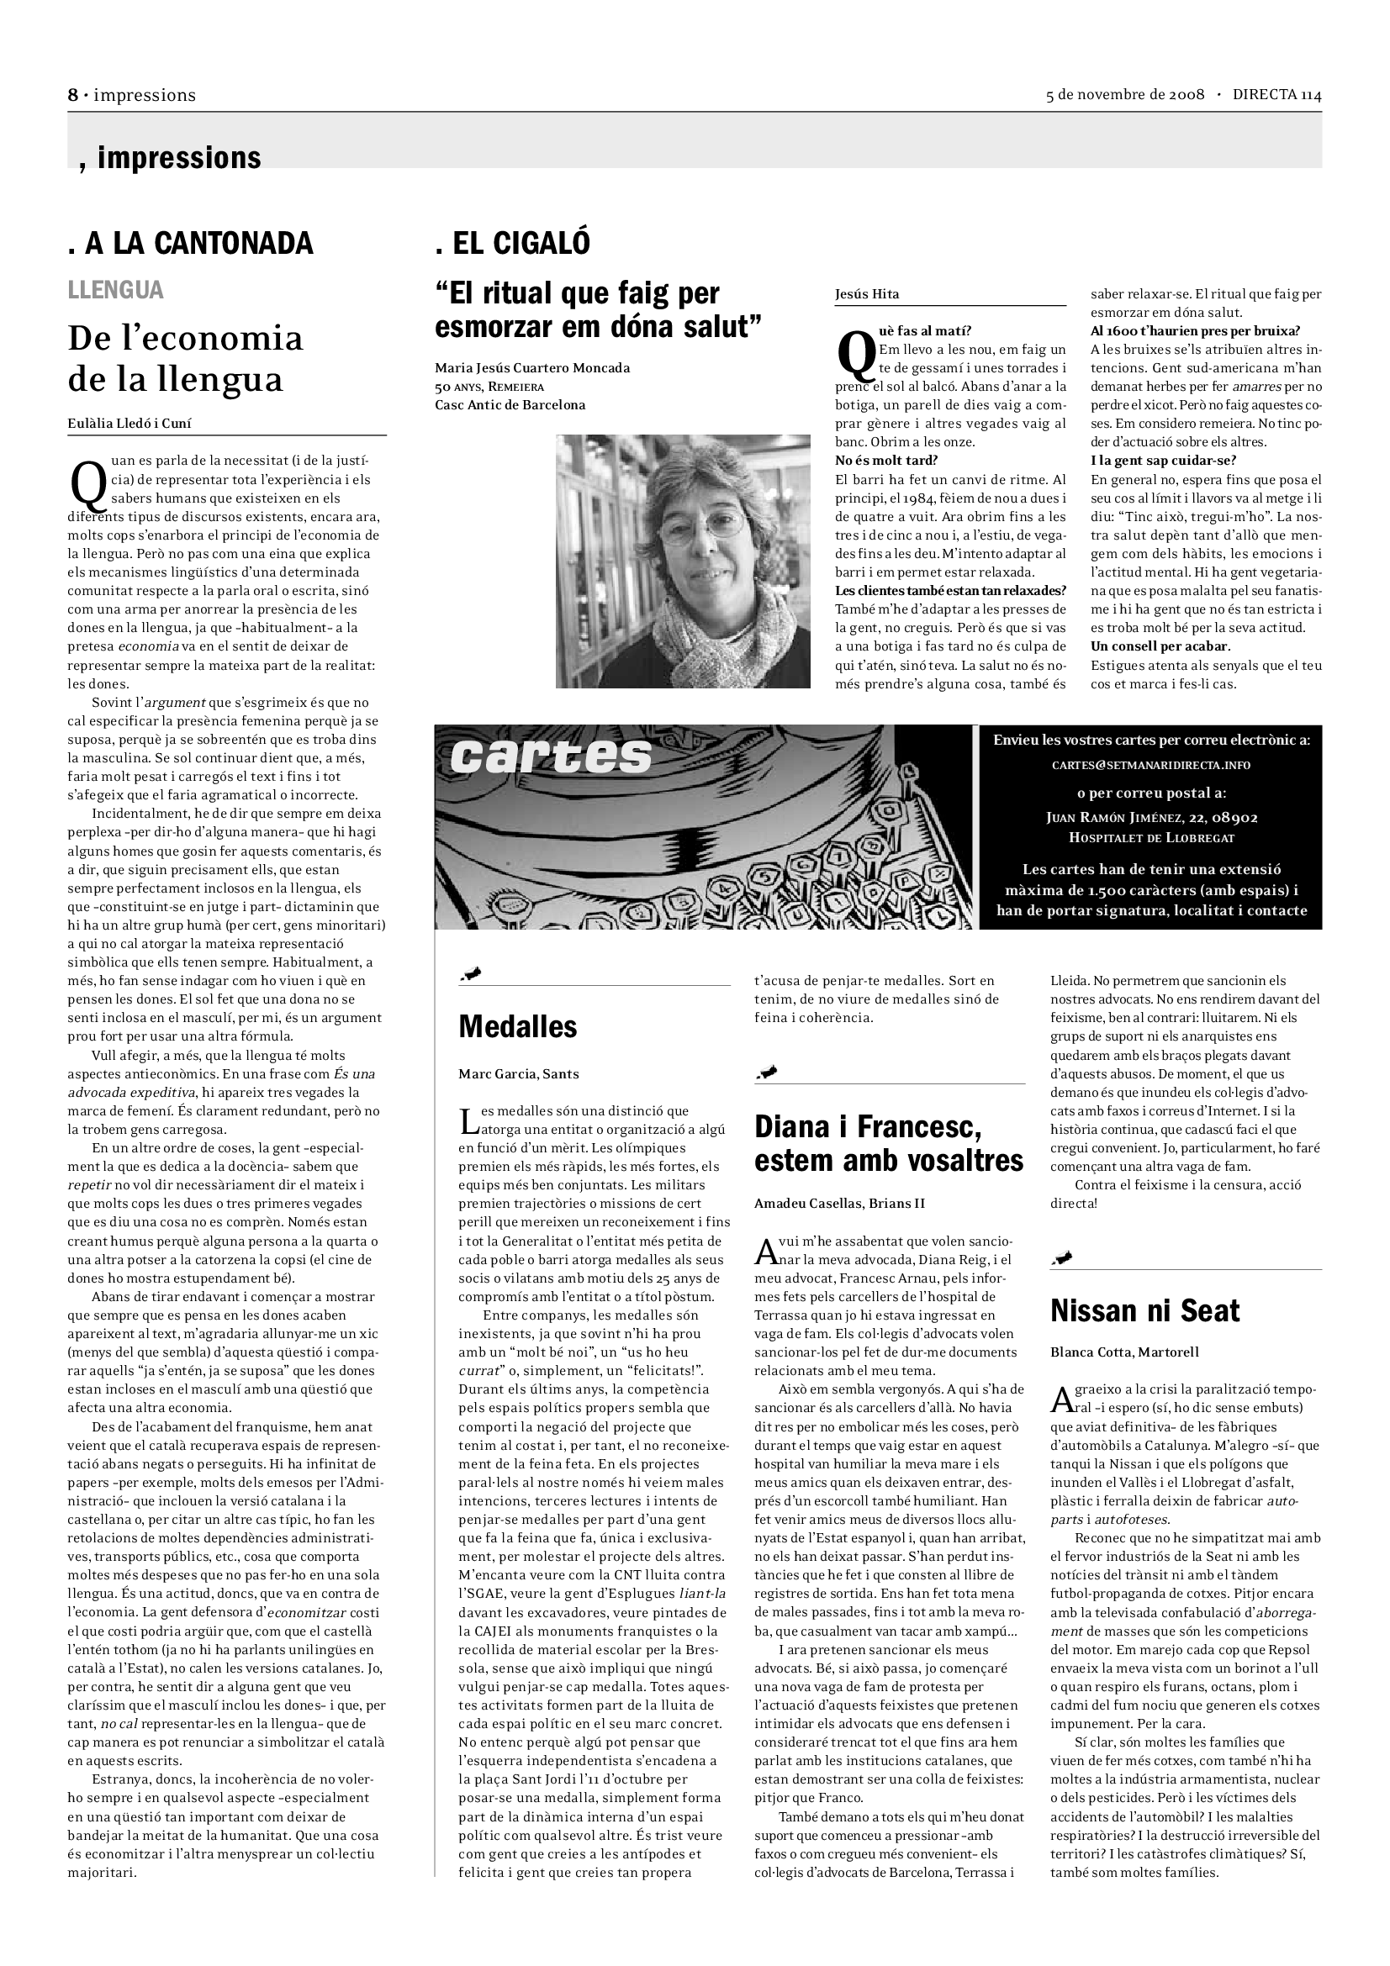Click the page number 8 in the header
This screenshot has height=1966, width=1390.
pos(73,95)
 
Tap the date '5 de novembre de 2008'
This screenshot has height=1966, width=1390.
pos(1124,95)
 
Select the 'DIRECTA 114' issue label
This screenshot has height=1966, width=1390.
pos(1276,95)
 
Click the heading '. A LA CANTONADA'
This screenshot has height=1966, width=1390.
pos(190,244)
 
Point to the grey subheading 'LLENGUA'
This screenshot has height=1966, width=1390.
pos(115,290)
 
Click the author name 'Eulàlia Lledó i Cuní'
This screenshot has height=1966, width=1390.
pos(129,423)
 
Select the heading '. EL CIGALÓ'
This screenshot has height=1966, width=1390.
pos(512,244)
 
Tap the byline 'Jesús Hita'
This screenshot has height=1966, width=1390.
pos(867,294)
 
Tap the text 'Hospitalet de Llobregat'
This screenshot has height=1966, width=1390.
pos(1151,837)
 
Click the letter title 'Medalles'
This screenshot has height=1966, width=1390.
pos(517,1026)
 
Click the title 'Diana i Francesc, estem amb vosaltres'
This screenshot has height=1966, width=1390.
pos(888,1143)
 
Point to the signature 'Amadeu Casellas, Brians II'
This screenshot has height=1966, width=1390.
pos(839,1203)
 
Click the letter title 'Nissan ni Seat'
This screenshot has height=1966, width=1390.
pos(1144,1311)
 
